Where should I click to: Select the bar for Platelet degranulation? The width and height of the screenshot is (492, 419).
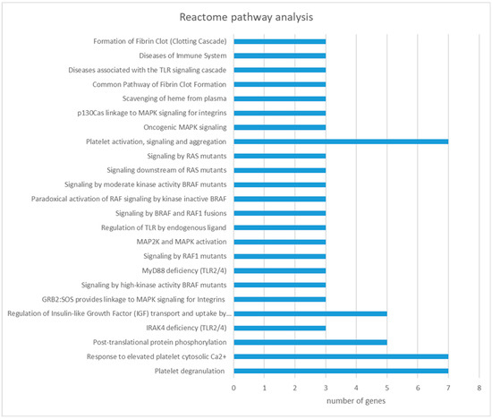(341, 371)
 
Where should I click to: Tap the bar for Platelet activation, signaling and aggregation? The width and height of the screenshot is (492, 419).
(341, 141)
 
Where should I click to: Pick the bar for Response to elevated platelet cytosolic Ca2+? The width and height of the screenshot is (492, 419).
(341, 356)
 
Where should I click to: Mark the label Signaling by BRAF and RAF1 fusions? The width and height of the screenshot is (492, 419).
(161, 213)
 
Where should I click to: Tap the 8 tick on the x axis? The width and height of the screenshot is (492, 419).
(479, 388)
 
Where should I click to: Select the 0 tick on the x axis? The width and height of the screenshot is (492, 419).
(234, 388)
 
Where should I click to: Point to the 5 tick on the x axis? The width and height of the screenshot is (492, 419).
(387, 388)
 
